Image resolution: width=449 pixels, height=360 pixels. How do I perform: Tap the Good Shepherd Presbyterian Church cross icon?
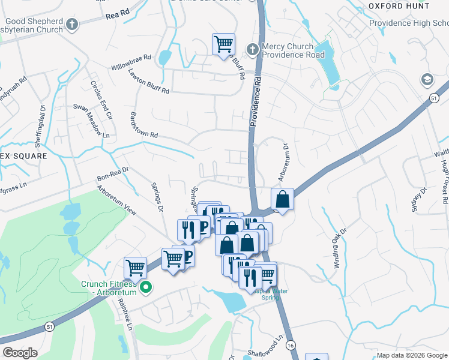[x=72, y=25]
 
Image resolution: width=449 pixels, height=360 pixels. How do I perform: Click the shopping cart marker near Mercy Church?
[x=223, y=44]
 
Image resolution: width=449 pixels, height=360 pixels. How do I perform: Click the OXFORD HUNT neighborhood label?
[x=399, y=5]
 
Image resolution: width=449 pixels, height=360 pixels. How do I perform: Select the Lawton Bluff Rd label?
[x=149, y=81]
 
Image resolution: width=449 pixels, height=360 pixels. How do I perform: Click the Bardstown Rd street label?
[x=137, y=126]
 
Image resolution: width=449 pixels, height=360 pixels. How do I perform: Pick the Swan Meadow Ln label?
[x=89, y=120]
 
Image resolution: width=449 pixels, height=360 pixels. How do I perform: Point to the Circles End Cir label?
[x=101, y=100]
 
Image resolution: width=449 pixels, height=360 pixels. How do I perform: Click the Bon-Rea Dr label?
[x=113, y=174]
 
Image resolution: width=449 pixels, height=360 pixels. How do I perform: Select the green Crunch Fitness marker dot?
[x=145, y=289]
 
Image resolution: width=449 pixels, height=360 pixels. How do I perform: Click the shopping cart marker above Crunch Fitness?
[x=136, y=268]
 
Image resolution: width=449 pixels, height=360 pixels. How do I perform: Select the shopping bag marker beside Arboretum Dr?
[x=282, y=199]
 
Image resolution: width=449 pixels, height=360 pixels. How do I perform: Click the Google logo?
[x=20, y=353]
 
